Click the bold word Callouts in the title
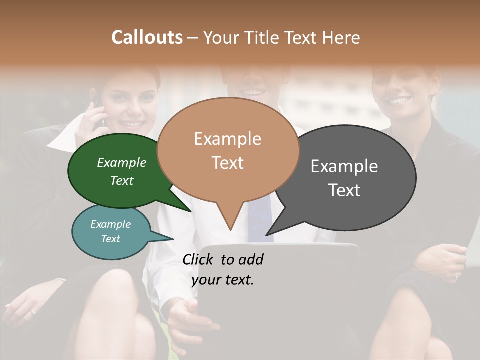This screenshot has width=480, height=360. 147,37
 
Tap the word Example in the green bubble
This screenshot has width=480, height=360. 122,162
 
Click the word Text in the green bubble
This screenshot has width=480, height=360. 122,180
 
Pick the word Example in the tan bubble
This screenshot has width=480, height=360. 227,139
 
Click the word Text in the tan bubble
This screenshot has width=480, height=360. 227,163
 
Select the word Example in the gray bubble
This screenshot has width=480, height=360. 344,166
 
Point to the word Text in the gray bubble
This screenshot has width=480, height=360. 344,190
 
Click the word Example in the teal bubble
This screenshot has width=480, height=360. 111,224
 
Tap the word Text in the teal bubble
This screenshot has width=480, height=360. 111,239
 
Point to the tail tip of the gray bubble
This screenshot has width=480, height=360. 268,234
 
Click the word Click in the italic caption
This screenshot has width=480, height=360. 198,259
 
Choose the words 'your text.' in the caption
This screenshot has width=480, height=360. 223,280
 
